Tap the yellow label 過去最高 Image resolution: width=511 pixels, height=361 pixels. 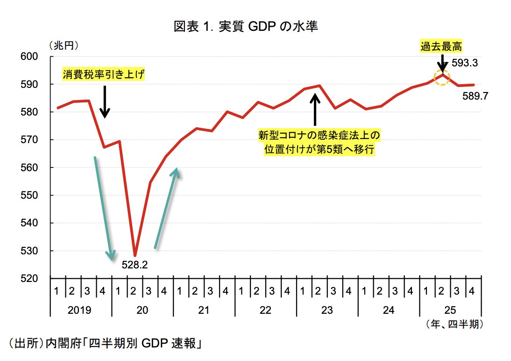click(x=441, y=46)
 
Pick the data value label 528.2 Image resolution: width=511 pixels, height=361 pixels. click(x=135, y=265)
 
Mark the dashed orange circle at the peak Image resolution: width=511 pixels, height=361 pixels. click(x=442, y=77)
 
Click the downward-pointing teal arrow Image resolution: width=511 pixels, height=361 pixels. click(x=103, y=208)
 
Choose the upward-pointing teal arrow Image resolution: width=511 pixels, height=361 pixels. click(x=166, y=208)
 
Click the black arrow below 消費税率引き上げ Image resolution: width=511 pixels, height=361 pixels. click(x=105, y=101)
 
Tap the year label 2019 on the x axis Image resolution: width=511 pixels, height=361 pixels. click(x=79, y=310)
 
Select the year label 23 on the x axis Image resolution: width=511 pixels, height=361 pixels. click(x=327, y=310)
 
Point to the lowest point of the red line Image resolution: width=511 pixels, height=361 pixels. click(x=135, y=255)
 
